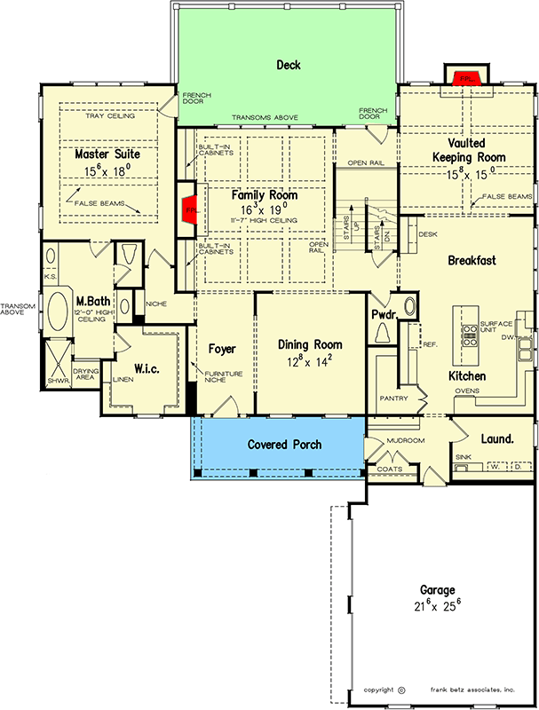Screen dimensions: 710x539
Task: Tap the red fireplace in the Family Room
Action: (x=188, y=209)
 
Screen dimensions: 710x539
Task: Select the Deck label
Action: (x=289, y=65)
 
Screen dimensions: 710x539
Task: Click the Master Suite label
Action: (x=107, y=154)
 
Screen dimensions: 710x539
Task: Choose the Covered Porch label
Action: (x=284, y=444)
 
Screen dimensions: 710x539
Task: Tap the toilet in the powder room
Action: (x=383, y=332)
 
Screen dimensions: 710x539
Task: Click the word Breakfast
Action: (x=472, y=260)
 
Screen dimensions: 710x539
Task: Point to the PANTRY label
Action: (x=392, y=398)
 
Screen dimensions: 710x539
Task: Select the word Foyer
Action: (x=221, y=348)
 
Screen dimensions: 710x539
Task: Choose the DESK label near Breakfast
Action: (x=426, y=234)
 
